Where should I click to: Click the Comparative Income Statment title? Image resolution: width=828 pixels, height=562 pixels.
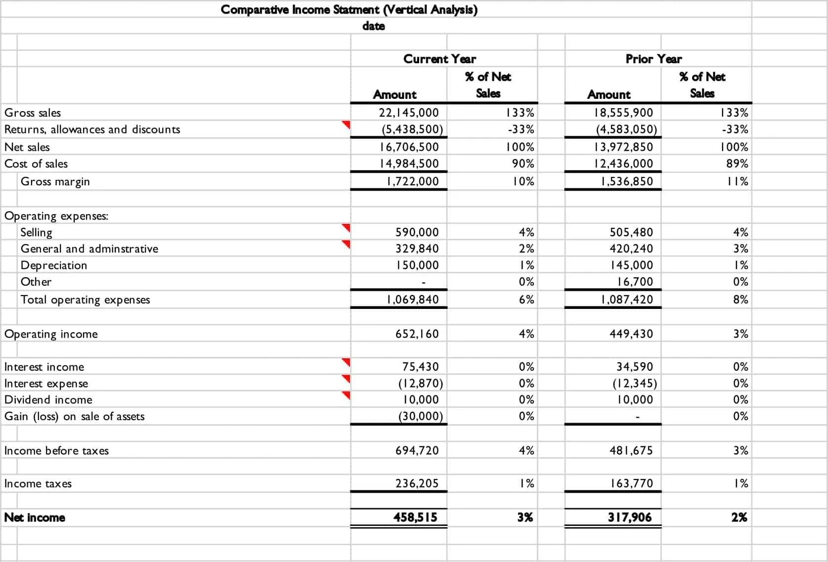coord(349,9)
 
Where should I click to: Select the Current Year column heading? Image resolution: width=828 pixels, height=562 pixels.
coord(439,59)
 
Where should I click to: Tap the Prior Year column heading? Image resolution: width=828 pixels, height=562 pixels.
coord(654,59)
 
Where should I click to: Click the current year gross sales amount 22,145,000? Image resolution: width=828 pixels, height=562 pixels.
coord(409,113)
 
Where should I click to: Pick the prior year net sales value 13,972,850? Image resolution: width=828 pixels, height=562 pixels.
coord(623,147)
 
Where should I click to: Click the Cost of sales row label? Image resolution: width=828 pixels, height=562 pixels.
coord(36,164)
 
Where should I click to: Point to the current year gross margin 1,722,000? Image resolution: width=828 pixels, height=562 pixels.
coord(413,181)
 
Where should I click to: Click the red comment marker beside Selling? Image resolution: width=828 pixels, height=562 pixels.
coord(347,227)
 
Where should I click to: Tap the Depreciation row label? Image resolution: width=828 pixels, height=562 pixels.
coord(54,265)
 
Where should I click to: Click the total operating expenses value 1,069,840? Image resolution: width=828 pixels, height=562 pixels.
coord(413,300)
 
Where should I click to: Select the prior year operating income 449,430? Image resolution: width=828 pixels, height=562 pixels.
coord(631,334)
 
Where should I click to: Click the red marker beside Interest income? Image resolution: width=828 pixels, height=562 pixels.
coord(347,362)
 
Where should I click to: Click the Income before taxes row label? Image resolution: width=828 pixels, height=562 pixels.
coord(56,451)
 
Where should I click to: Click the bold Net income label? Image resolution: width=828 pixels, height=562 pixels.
coord(35,518)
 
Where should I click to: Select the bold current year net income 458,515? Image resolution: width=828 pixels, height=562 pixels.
coord(415,518)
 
